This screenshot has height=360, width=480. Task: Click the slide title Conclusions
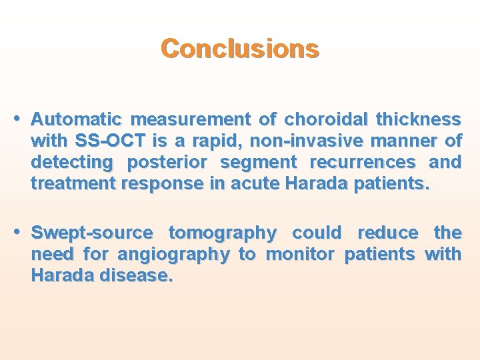point(240,49)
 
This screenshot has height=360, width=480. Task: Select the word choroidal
point(326,120)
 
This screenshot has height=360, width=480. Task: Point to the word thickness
point(418,120)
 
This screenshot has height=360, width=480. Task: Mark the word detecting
point(72,163)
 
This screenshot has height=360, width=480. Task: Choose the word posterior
point(167,163)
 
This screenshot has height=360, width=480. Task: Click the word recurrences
point(363,163)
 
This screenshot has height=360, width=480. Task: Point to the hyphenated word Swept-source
point(92,233)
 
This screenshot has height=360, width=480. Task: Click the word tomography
point(222,233)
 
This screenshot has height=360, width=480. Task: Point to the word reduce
point(388,233)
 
